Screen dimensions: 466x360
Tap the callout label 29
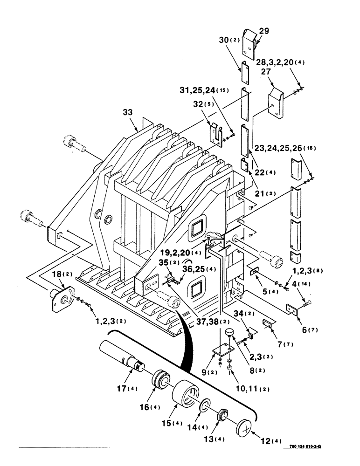[x=264, y=31]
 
